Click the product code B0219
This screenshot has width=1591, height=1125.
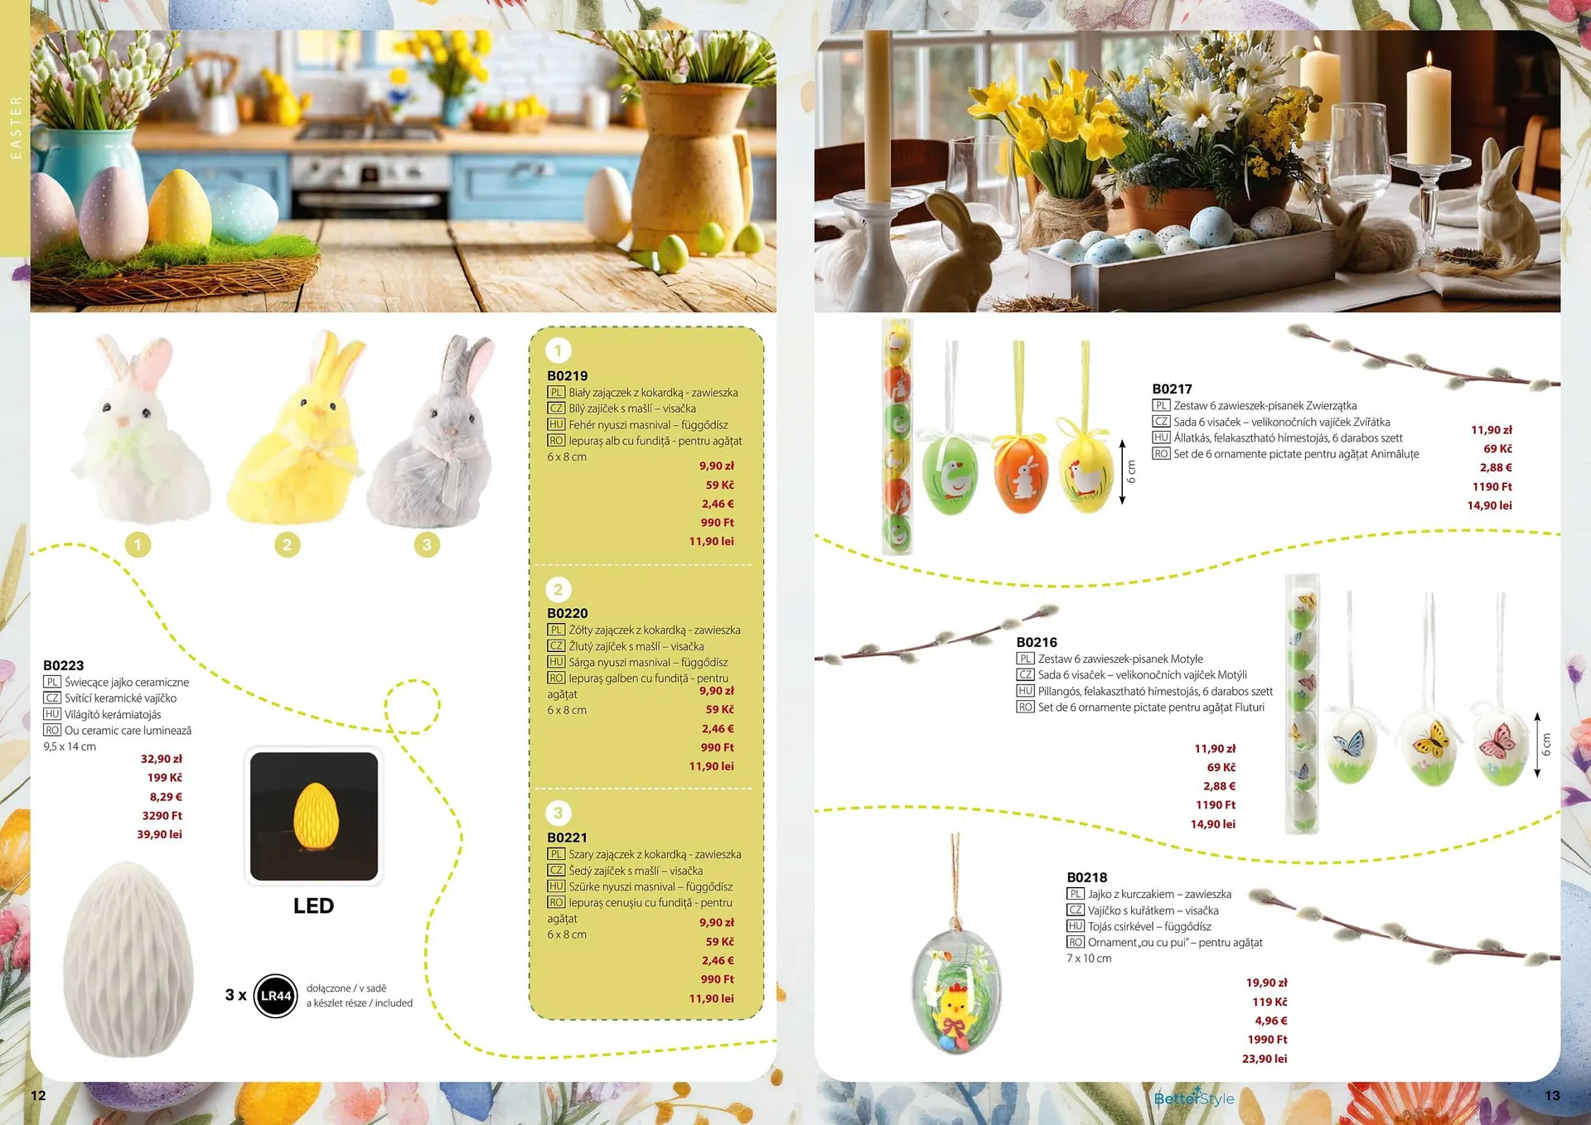click(x=567, y=376)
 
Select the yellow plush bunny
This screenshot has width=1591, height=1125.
click(x=293, y=431)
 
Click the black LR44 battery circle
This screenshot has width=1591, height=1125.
click(x=276, y=995)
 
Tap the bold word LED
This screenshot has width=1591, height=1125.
click(x=313, y=905)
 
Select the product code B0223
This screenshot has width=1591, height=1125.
click(x=64, y=665)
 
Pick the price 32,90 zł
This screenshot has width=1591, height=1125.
click(x=162, y=759)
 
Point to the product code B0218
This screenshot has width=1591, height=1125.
click(x=1087, y=877)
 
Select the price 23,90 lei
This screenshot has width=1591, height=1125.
click(x=1265, y=1059)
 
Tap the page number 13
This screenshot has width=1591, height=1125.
click(x=1552, y=1095)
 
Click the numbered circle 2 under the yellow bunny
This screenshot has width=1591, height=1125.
click(x=288, y=544)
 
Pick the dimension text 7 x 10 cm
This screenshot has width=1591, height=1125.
click(x=1089, y=958)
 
